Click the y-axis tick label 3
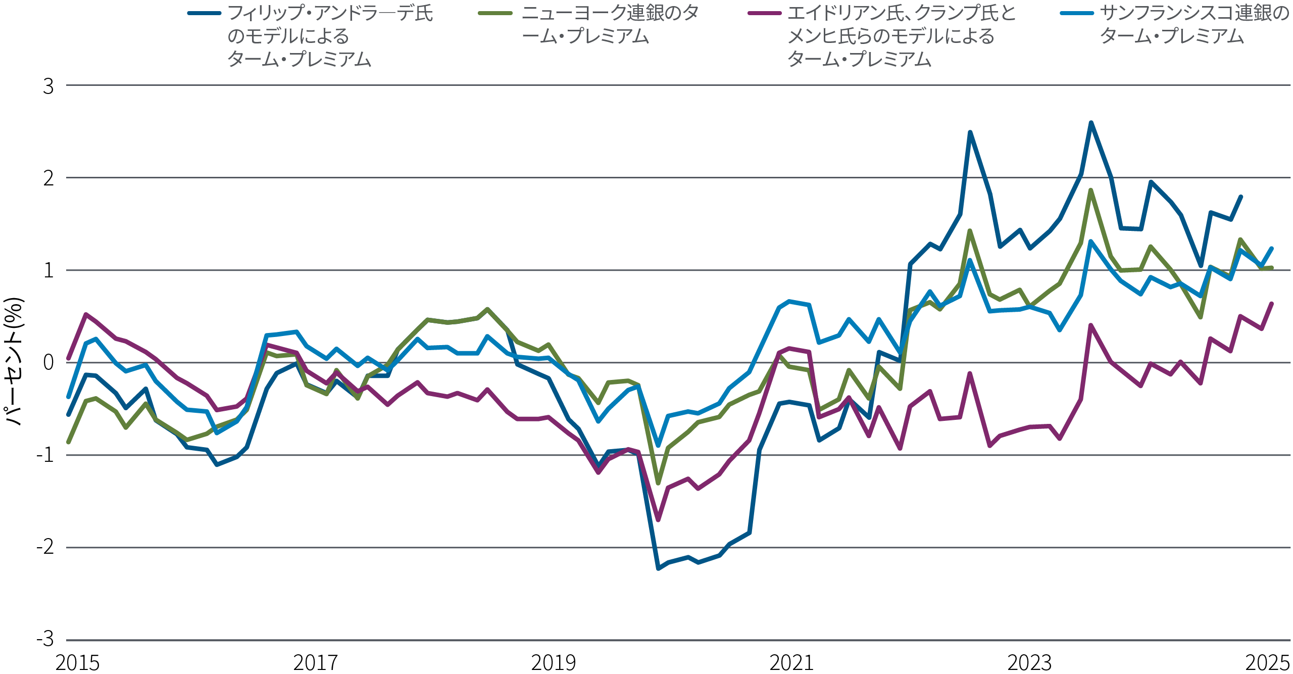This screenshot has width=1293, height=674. tap(48, 86)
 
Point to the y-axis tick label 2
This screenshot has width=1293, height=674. tap(48, 178)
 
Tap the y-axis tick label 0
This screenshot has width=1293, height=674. tap(48, 363)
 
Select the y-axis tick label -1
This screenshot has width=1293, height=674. tap(45, 455)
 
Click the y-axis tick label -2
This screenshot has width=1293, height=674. tap(45, 547)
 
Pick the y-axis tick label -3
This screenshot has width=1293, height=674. tap(45, 639)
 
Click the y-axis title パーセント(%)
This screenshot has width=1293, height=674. tap(14, 361)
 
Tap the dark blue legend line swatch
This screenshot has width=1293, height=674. tap(204, 13)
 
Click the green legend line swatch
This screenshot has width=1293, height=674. tap(495, 13)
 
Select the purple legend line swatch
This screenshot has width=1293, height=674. tap(765, 13)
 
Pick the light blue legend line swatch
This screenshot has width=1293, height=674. tap(1077, 13)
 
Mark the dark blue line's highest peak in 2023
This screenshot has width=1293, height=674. tap(1091, 122)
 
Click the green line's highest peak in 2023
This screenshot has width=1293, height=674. tap(1091, 190)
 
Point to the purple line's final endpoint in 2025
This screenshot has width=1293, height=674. tap(1271, 304)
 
